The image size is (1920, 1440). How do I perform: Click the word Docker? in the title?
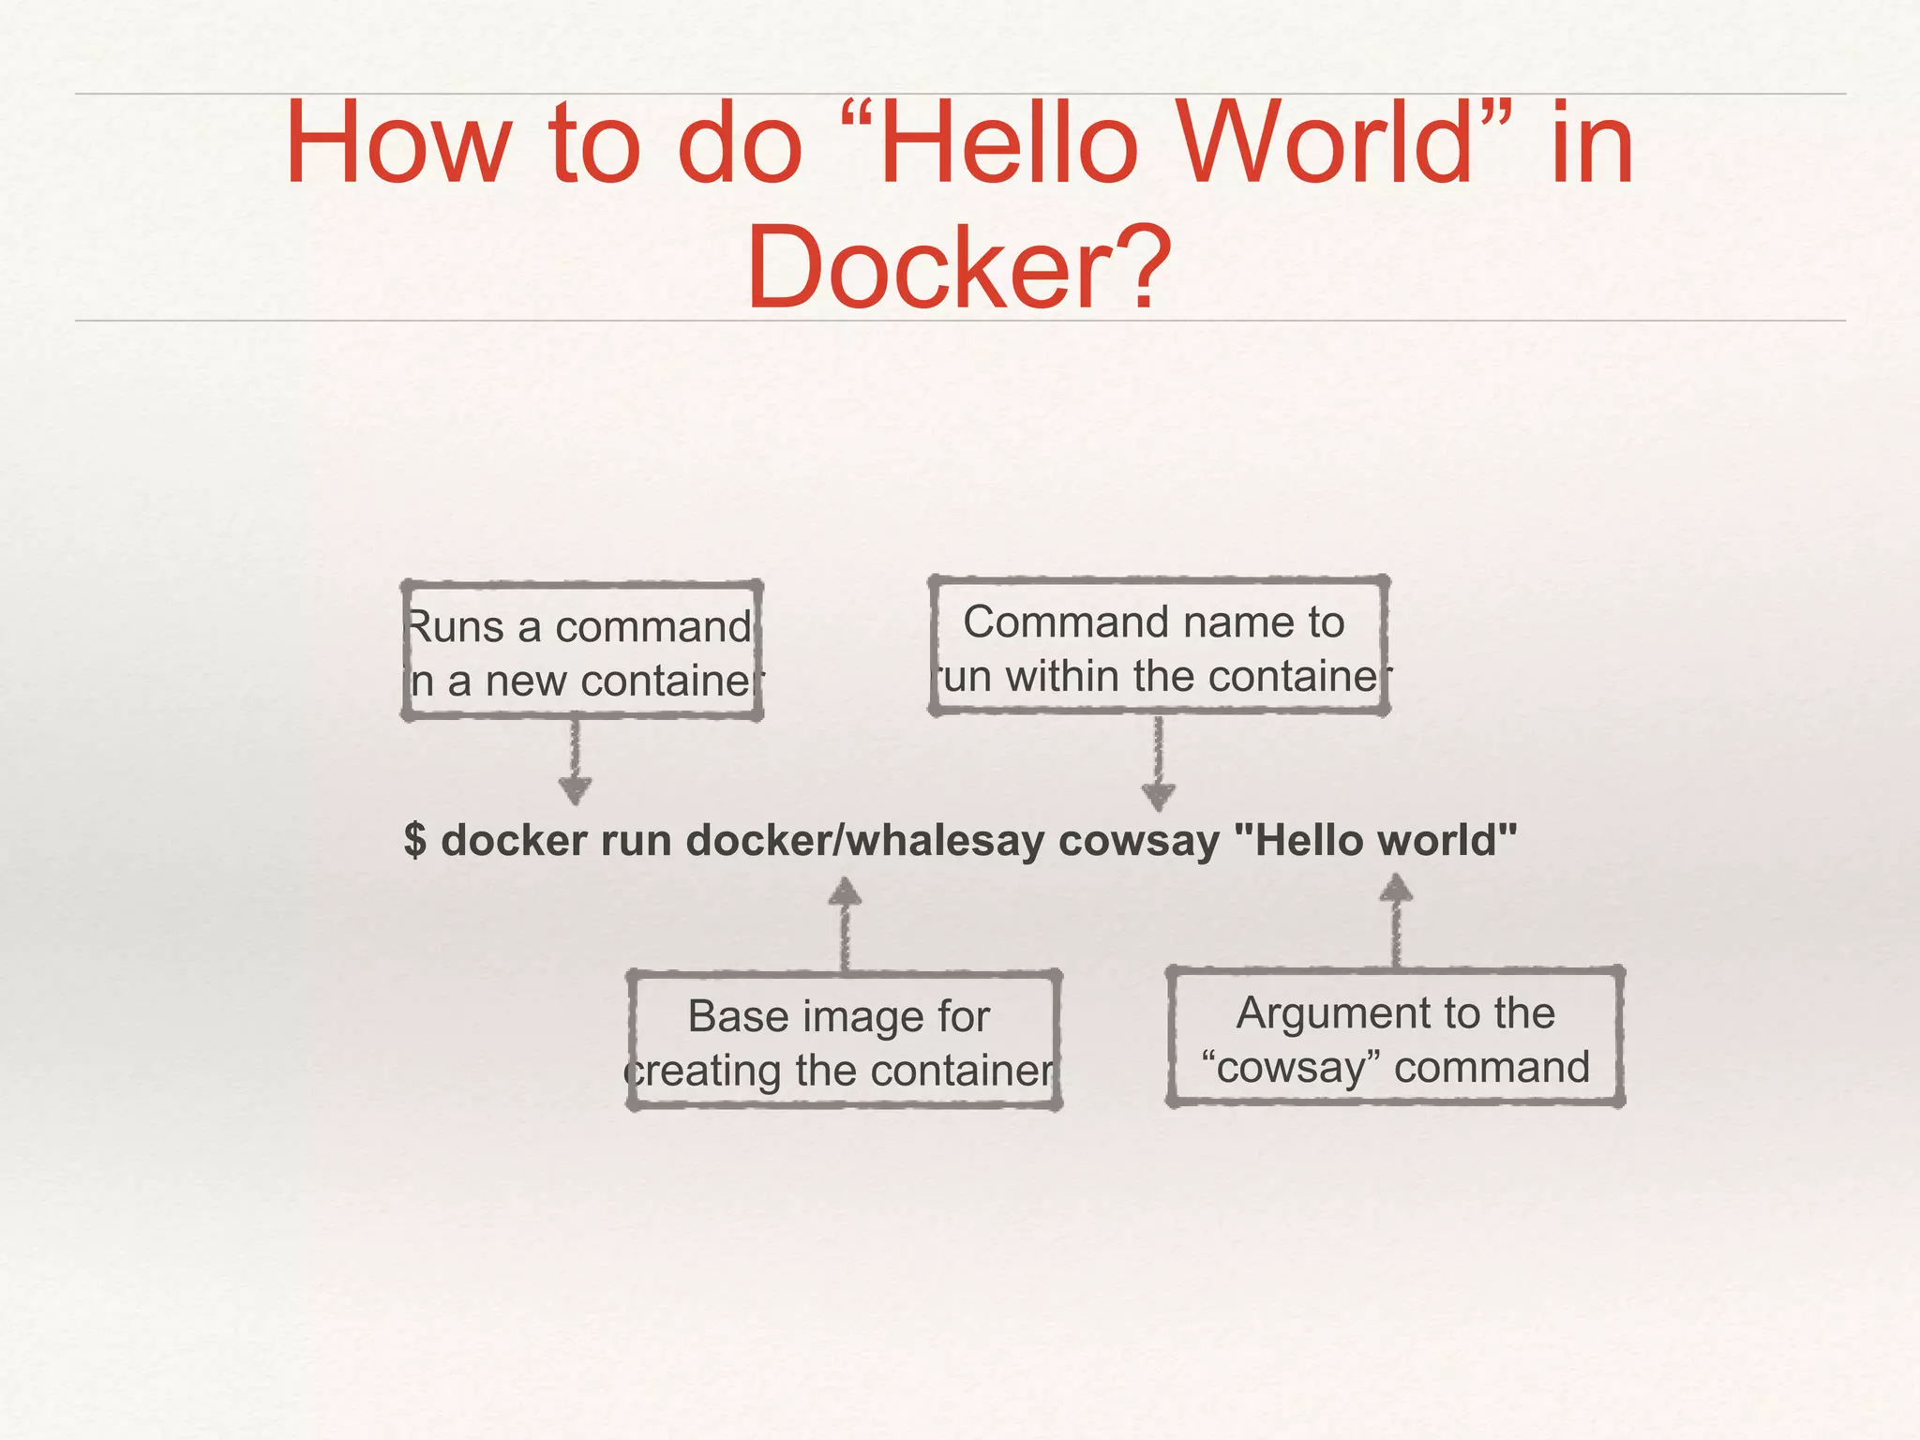(958, 268)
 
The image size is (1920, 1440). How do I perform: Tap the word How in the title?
(399, 145)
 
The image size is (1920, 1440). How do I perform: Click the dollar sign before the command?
(415, 840)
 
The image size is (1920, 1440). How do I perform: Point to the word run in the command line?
(638, 840)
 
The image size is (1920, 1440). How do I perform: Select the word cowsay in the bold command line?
(1138, 840)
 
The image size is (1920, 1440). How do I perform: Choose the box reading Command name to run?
(1158, 647)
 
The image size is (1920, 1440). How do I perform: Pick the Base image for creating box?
(843, 1042)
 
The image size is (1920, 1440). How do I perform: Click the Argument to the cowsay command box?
(1395, 1038)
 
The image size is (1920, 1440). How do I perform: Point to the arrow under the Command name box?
(1159, 763)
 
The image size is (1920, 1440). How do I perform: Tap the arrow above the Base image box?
(845, 923)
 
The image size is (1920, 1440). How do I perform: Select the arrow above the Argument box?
(1396, 920)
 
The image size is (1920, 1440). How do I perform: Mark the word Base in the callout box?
(727, 1016)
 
